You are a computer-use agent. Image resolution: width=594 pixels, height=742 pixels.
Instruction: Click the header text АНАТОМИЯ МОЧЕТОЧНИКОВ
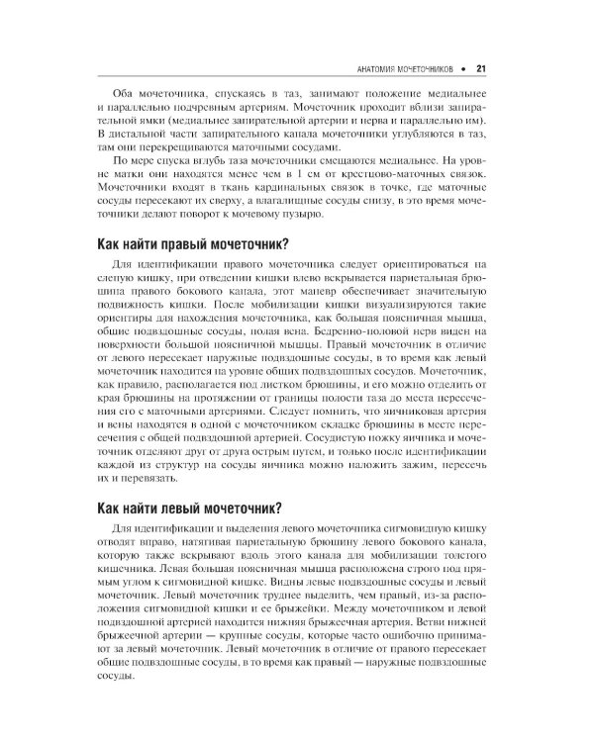point(402,69)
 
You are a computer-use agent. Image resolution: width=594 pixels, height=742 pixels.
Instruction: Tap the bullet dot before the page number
point(463,69)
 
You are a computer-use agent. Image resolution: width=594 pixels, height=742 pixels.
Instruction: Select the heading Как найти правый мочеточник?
point(193,245)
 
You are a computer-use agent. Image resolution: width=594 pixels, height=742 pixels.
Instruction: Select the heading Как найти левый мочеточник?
point(190,509)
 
